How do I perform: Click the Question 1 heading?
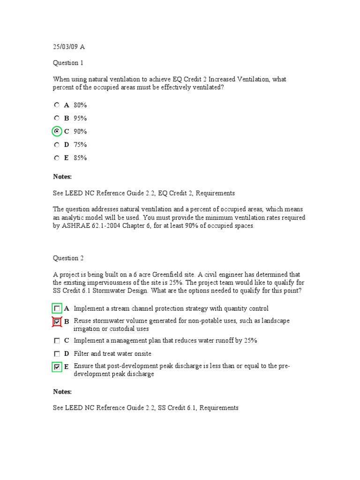pos(68,63)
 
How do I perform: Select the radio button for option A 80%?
pos(57,105)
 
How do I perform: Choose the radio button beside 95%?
pos(57,118)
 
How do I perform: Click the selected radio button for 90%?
pos(57,131)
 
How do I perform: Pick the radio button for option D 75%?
pos(57,144)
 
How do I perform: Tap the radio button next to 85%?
pos(57,158)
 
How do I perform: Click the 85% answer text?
pos(80,158)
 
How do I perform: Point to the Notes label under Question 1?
pos(62,177)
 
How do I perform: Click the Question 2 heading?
pos(68,258)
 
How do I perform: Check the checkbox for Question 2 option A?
pos(57,309)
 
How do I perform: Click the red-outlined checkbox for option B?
pos(57,322)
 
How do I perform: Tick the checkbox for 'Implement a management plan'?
pos(57,341)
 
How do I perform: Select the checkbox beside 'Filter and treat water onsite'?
pos(57,354)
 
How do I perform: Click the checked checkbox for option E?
pos(57,367)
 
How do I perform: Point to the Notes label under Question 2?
pos(62,391)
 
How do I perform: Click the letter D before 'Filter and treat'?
pos(67,354)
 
